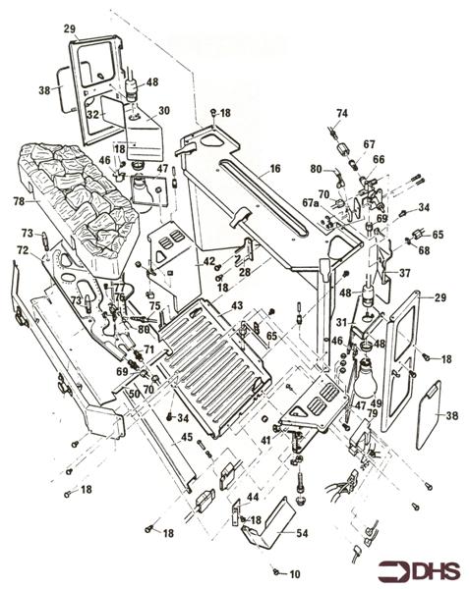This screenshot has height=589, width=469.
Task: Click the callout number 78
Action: (18, 201)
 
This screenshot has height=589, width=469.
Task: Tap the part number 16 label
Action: (275, 168)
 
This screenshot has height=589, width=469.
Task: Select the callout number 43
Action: (236, 306)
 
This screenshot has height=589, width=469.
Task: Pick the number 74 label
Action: (343, 113)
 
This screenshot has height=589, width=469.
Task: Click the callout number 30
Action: (163, 111)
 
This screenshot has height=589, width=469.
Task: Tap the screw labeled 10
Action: (278, 571)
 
